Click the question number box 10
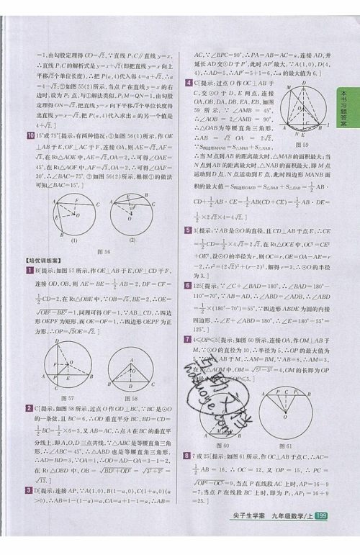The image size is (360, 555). (x=28, y=135)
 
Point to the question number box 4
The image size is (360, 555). (x=188, y=83)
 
